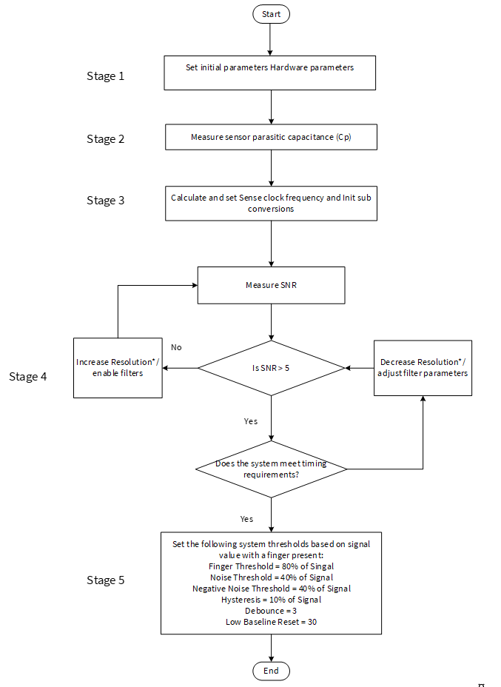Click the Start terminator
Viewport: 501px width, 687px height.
pyautogui.click(x=271, y=14)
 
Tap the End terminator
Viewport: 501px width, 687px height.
pyautogui.click(x=271, y=671)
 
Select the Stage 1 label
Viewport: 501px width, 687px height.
pyautogui.click(x=106, y=76)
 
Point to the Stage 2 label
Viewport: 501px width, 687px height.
pyautogui.click(x=106, y=139)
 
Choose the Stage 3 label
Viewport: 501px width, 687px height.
pyautogui.click(x=106, y=200)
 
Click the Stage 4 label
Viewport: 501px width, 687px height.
pyautogui.click(x=27, y=377)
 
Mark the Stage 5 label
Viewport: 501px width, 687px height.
pyautogui.click(x=106, y=580)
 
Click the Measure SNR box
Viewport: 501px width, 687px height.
pyautogui.click(x=271, y=285)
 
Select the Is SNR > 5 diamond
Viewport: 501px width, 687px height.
pyautogui.click(x=271, y=368)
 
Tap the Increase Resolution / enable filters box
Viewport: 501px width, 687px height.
pyautogui.click(x=118, y=368)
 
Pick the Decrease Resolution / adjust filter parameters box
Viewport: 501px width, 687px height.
pyautogui.click(x=423, y=368)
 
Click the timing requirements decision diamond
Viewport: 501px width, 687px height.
pyautogui.click(x=271, y=469)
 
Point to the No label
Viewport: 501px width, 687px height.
pyautogui.click(x=176, y=347)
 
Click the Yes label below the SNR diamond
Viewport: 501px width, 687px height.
pyautogui.click(x=251, y=421)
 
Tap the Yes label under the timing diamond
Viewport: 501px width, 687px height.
pyautogui.click(x=246, y=519)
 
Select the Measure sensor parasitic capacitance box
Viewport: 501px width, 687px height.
pyautogui.click(x=271, y=137)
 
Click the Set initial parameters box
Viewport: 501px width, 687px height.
pyautogui.click(x=270, y=73)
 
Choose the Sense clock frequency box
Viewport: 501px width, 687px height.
pyautogui.click(x=271, y=204)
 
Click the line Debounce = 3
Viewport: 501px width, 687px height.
pyautogui.click(x=271, y=611)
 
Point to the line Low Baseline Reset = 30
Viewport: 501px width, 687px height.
pyautogui.click(x=271, y=622)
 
